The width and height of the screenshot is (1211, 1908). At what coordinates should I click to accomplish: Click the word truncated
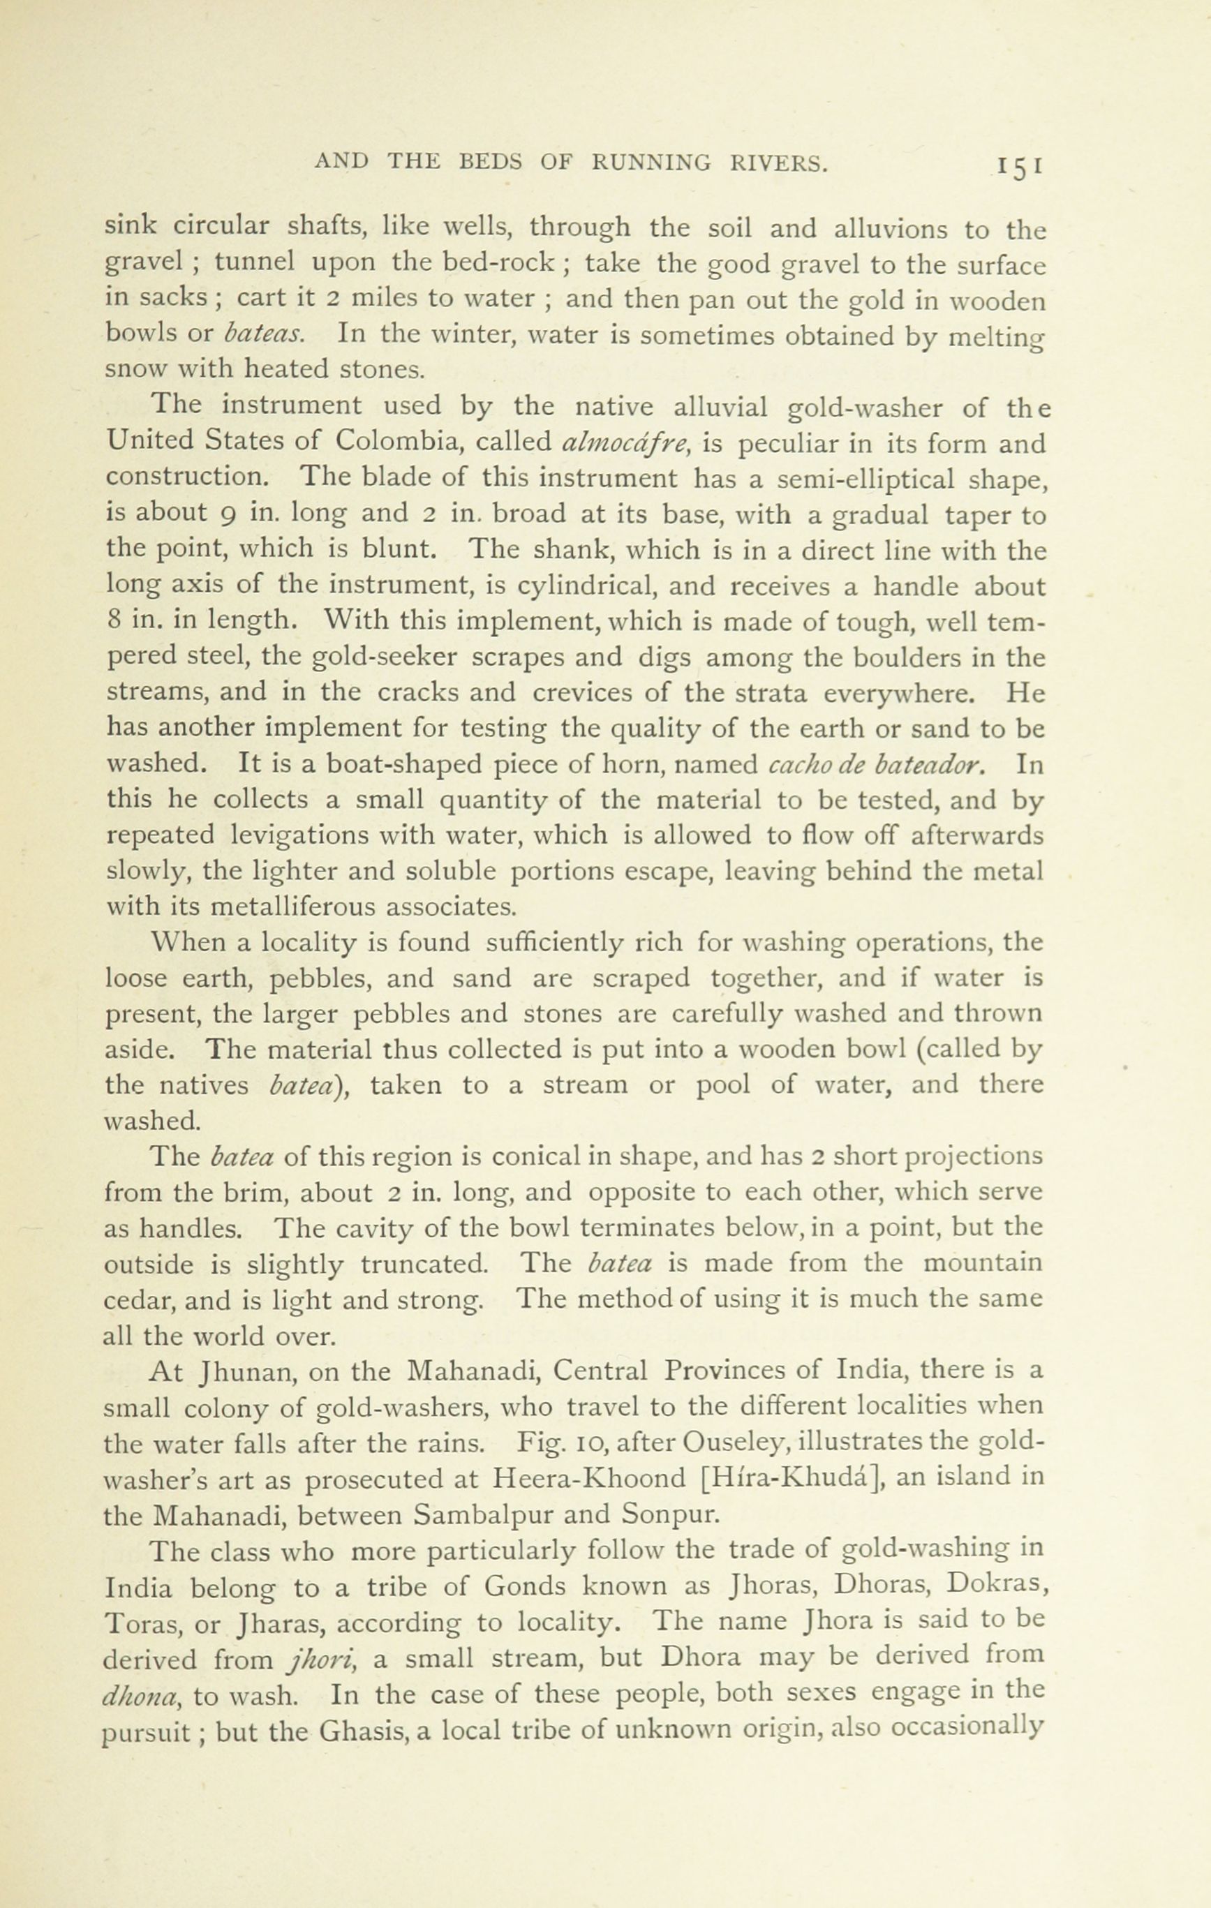click(x=424, y=1264)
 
